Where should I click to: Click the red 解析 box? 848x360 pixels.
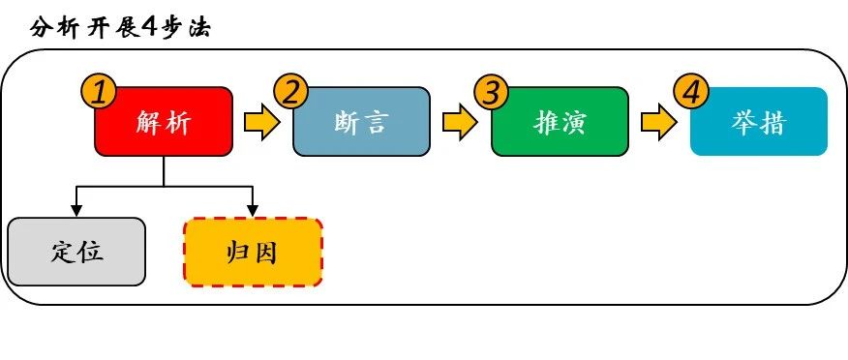pyautogui.click(x=163, y=122)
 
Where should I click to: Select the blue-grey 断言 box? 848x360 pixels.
pyautogui.click(x=361, y=122)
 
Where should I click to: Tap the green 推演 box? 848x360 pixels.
pyautogui.click(x=560, y=122)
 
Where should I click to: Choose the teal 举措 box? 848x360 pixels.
pyautogui.click(x=759, y=122)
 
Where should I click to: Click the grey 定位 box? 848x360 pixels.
pyautogui.click(x=76, y=252)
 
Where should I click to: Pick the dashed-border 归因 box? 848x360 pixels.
pyautogui.click(x=253, y=252)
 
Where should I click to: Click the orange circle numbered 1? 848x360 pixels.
pyautogui.click(x=99, y=92)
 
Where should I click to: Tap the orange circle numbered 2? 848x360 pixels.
pyautogui.click(x=291, y=92)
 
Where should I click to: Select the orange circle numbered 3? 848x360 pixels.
pyautogui.click(x=492, y=92)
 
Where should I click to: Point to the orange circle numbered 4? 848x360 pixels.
pyautogui.click(x=690, y=92)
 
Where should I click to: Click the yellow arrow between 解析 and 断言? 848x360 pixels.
pyautogui.click(x=261, y=123)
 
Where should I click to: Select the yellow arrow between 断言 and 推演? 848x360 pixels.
pyautogui.click(x=460, y=123)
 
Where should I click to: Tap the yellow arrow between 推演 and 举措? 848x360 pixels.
pyautogui.click(x=658, y=123)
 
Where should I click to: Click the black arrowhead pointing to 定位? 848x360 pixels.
pyautogui.click(x=76, y=210)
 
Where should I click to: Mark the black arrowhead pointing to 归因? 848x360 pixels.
pyautogui.click(x=253, y=210)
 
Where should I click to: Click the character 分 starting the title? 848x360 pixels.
pyautogui.click(x=42, y=26)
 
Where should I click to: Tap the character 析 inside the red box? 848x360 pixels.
pyautogui.click(x=178, y=123)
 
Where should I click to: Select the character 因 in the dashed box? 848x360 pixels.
pyautogui.click(x=265, y=253)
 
